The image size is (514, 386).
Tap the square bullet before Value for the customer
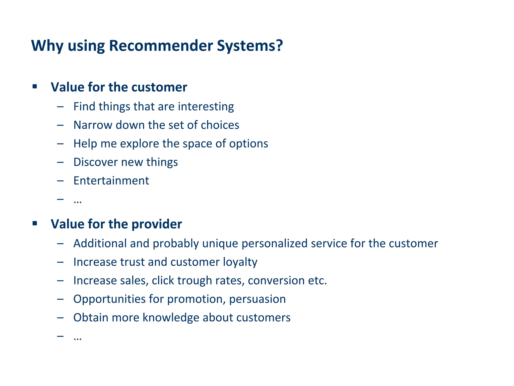[x=35, y=87]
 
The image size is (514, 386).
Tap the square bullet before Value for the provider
[x=35, y=223]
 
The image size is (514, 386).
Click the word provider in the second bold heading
[x=157, y=224]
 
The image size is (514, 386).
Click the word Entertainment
[x=111, y=181]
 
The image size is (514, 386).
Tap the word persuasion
[x=257, y=299]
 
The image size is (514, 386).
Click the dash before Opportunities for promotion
[x=60, y=299]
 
